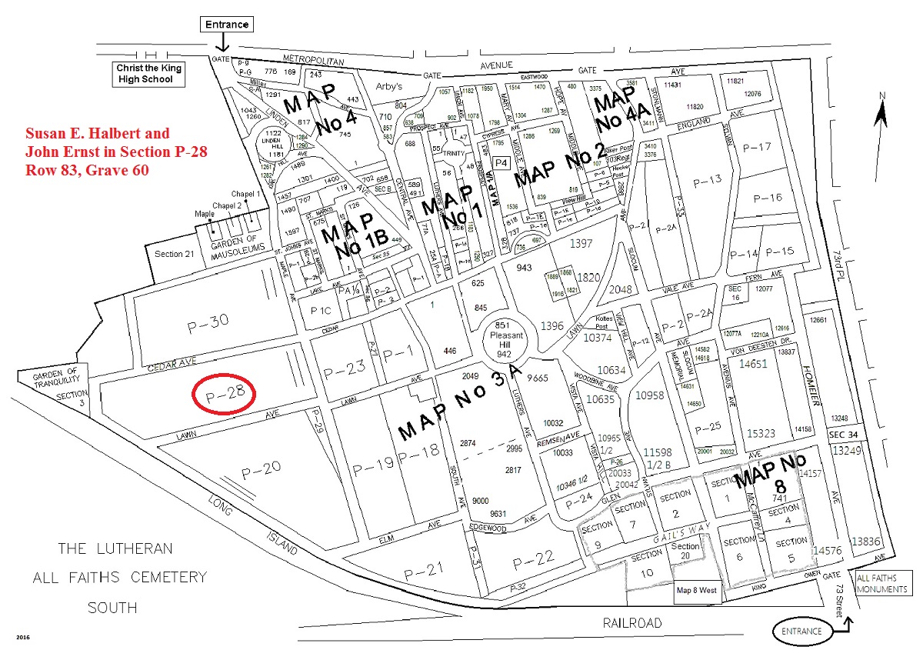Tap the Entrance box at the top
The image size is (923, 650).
(x=227, y=25)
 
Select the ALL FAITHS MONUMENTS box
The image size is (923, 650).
(x=881, y=584)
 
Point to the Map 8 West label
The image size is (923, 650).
(x=696, y=591)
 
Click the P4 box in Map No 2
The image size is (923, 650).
(x=501, y=162)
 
